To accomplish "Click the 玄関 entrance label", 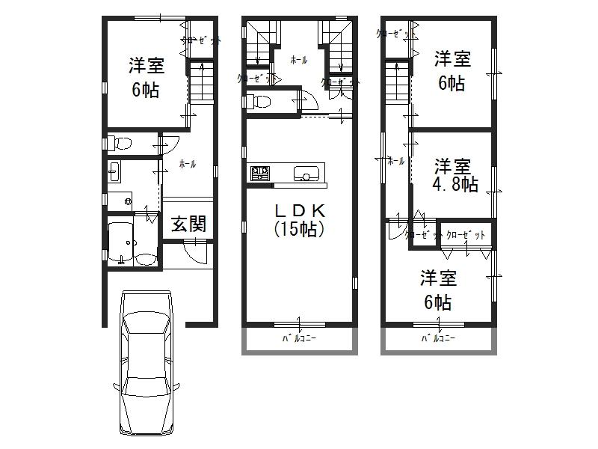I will coord(188,224).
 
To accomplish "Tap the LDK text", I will coord(299,212).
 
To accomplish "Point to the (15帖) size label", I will coord(299,230).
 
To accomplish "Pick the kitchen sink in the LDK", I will coord(306,175).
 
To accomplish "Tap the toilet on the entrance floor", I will coord(120,142).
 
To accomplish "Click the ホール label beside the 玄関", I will coord(188,162).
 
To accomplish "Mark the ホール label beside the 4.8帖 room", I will coord(395,161).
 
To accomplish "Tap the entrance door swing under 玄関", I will coord(193,252).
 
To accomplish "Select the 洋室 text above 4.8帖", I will coord(453,165).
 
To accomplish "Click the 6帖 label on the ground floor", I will coord(145,90).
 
